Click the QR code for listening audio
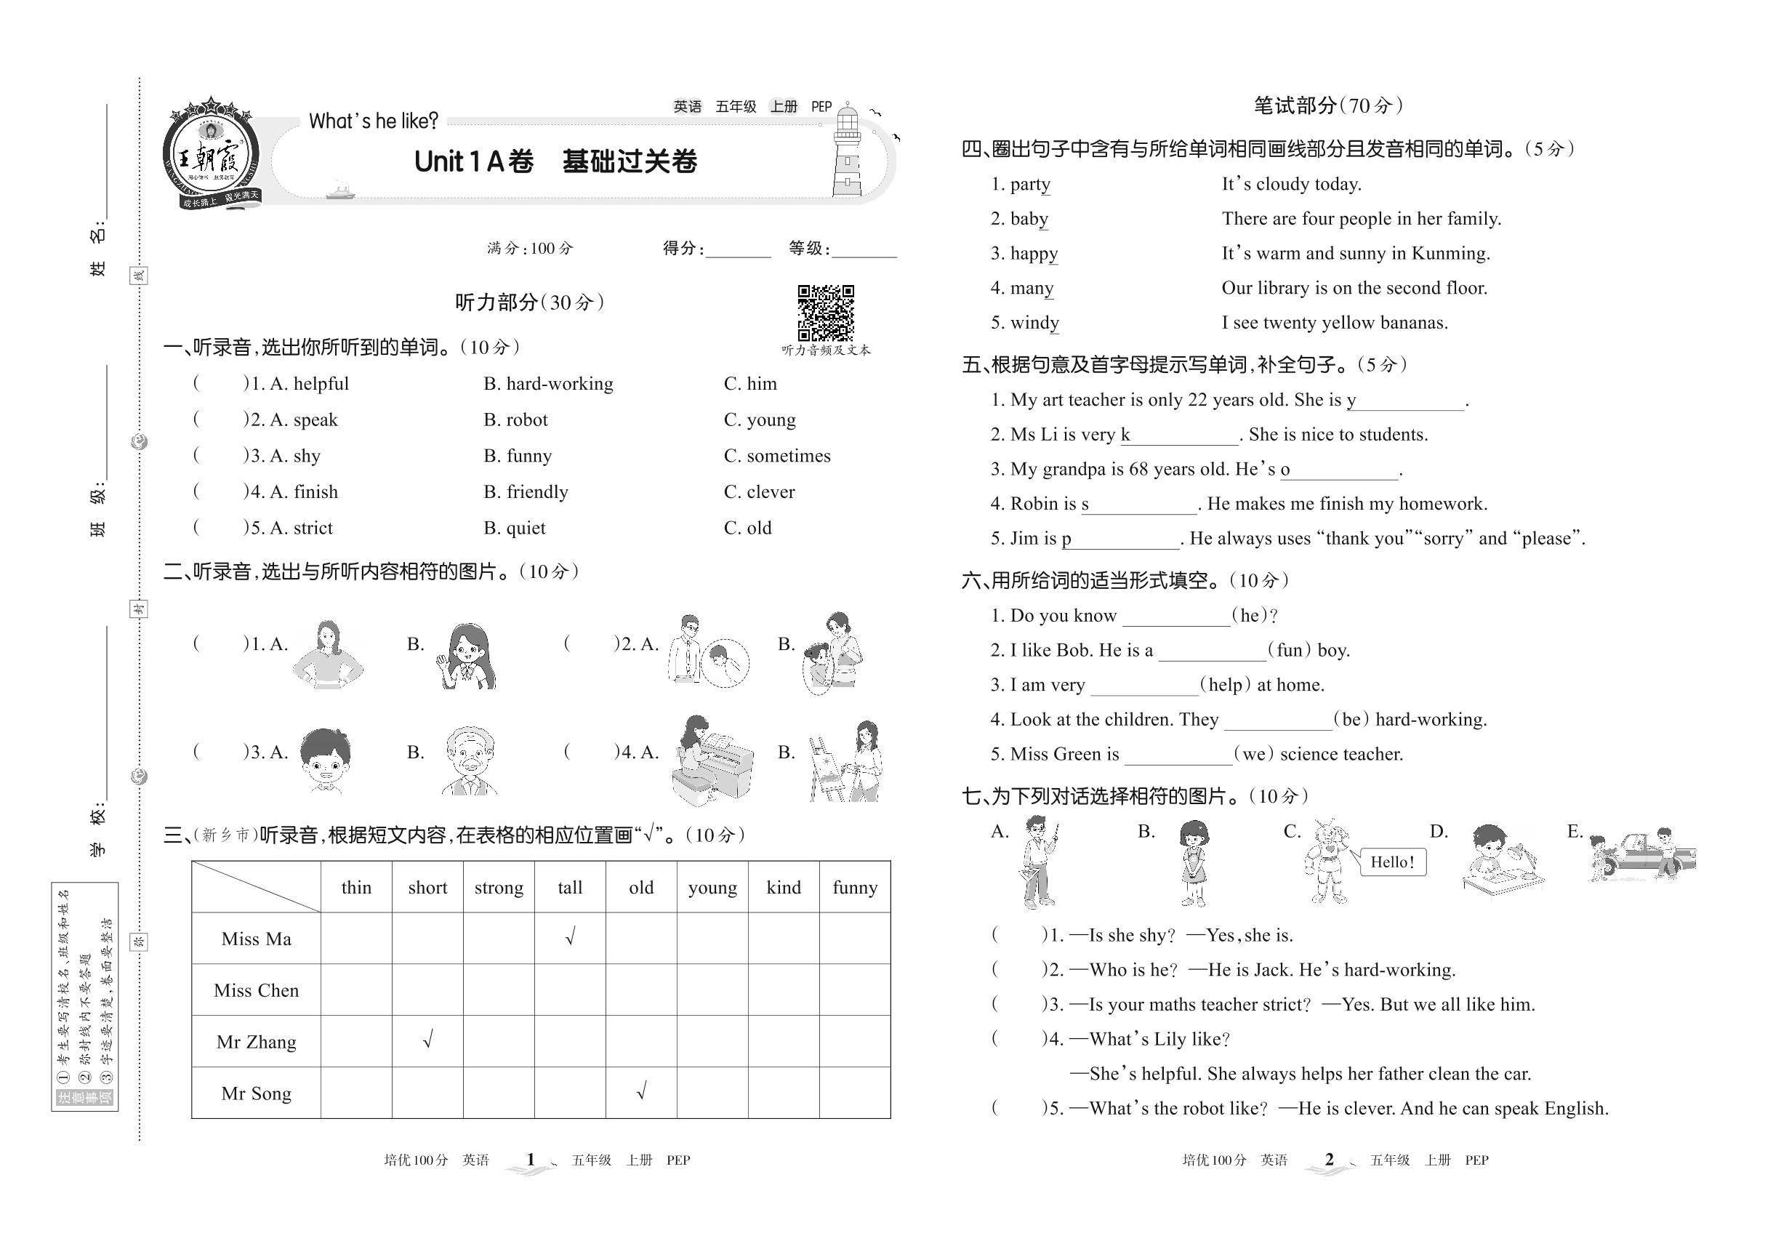point(826,313)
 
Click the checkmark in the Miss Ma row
point(570,937)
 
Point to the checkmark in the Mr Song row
point(641,1091)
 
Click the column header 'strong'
point(499,888)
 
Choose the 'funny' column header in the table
point(854,888)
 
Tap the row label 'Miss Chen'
point(257,990)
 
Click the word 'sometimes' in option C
point(788,456)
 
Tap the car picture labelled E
point(1641,855)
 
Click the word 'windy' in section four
point(1034,323)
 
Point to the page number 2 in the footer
point(1329,1160)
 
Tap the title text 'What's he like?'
point(373,121)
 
